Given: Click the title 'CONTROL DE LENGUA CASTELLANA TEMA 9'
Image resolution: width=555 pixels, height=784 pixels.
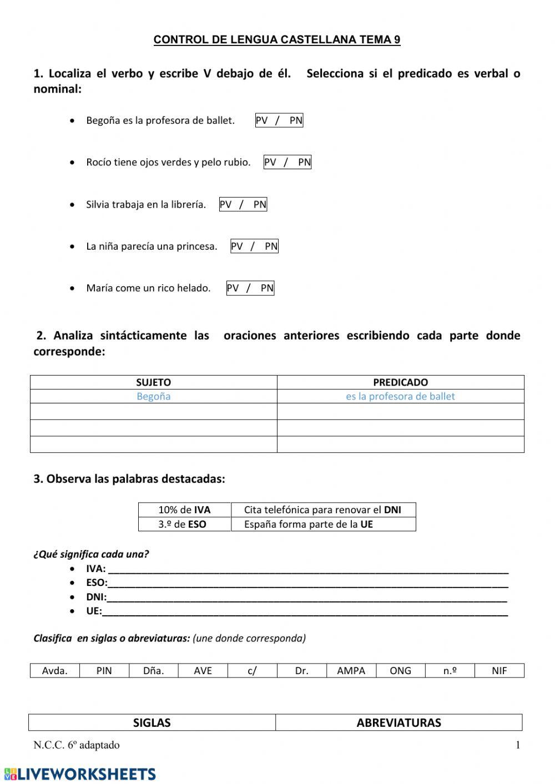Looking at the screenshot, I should pyautogui.click(x=276, y=39).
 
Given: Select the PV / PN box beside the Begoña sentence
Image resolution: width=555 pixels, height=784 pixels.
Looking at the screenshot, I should pyautogui.click(x=279, y=120).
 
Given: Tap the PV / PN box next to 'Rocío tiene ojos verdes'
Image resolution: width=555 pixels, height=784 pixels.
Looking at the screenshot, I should pyautogui.click(x=287, y=162).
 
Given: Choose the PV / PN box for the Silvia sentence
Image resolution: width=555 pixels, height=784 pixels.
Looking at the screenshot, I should pyautogui.click(x=243, y=204).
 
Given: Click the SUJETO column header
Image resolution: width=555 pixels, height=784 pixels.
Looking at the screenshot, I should pyautogui.click(x=153, y=382).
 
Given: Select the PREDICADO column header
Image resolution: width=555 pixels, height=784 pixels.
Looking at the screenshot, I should pyautogui.click(x=400, y=382).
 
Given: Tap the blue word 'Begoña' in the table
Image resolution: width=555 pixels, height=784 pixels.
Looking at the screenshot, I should pyautogui.click(x=153, y=396).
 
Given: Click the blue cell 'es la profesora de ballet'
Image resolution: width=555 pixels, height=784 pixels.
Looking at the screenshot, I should pyautogui.click(x=400, y=396).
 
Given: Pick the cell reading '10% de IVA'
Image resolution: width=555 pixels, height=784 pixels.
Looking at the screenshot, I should pyautogui.click(x=184, y=510).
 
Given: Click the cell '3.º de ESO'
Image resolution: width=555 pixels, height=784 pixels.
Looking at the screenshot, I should pyautogui.click(x=184, y=524).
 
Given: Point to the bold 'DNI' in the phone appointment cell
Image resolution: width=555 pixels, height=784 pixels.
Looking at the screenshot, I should pyautogui.click(x=392, y=510).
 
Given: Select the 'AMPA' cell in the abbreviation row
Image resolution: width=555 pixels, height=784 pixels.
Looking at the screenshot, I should pyautogui.click(x=351, y=670).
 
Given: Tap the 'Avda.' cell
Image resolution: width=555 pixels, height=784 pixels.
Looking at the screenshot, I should pyautogui.click(x=55, y=670).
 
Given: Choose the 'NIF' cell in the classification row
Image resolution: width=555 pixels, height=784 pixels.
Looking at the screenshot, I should pyautogui.click(x=499, y=670).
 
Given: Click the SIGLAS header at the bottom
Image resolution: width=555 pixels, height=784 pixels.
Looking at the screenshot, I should pyautogui.click(x=152, y=722).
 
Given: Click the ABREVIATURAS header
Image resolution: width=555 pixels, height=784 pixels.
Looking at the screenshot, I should pyautogui.click(x=398, y=722).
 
